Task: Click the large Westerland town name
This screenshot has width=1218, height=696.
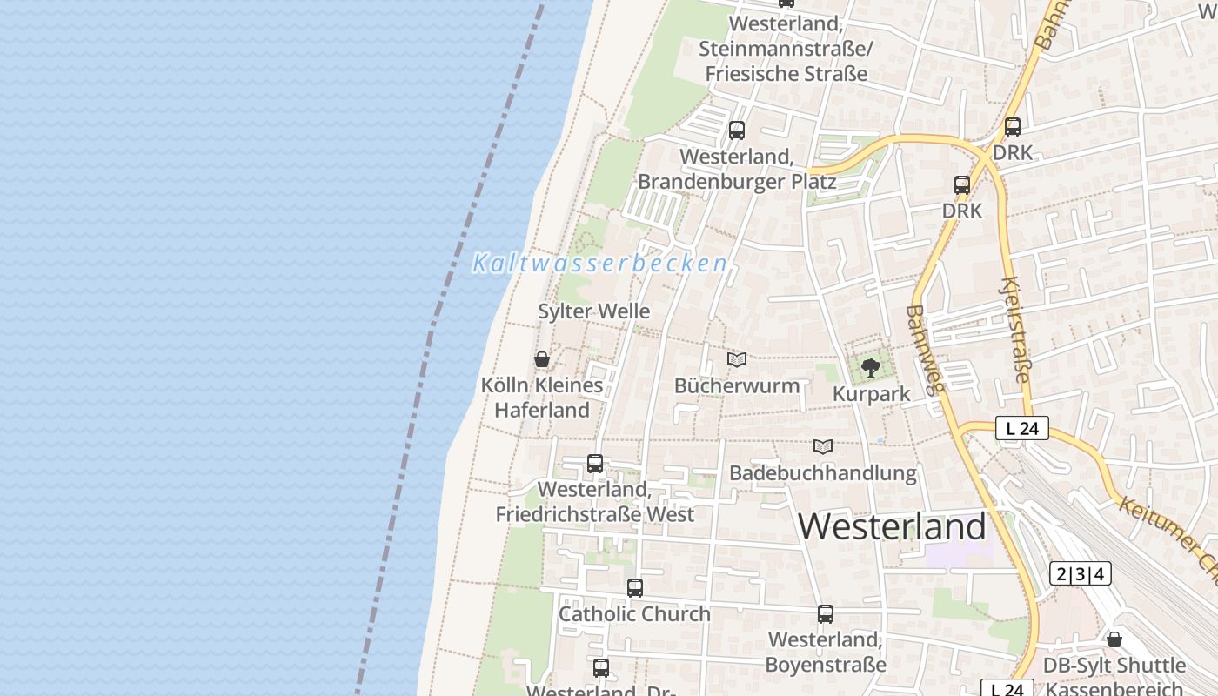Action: tap(892, 526)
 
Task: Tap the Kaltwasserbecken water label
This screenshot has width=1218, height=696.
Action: tap(599, 263)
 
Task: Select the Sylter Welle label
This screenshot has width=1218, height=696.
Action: tap(594, 311)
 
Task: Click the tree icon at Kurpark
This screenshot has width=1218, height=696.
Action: tap(869, 368)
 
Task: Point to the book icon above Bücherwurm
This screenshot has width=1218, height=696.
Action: tap(737, 359)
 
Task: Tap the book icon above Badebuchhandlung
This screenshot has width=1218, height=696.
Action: tap(822, 447)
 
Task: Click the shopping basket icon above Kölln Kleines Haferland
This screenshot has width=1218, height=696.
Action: tap(542, 359)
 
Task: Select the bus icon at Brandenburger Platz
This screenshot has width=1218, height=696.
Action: tap(737, 130)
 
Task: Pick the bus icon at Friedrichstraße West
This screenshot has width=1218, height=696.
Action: tap(595, 464)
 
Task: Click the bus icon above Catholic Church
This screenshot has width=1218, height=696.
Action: tap(635, 588)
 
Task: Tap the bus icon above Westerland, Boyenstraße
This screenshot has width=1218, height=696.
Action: tap(826, 614)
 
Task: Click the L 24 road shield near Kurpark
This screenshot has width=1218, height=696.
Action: tap(1022, 428)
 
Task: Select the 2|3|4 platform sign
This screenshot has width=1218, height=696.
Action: tap(1080, 573)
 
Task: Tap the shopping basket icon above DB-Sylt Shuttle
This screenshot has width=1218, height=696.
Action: tap(1114, 640)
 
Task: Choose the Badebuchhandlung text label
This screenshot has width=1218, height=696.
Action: tap(823, 473)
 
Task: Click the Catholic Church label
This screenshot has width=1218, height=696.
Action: tap(634, 613)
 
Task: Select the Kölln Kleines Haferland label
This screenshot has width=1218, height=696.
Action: tap(542, 398)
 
